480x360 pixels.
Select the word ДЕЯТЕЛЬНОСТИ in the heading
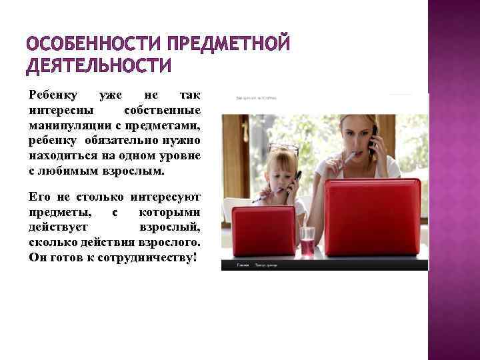click(98, 66)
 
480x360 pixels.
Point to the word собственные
click(163, 110)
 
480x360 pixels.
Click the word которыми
click(170, 213)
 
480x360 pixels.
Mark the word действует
click(57, 227)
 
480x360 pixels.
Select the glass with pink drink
click(307, 240)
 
